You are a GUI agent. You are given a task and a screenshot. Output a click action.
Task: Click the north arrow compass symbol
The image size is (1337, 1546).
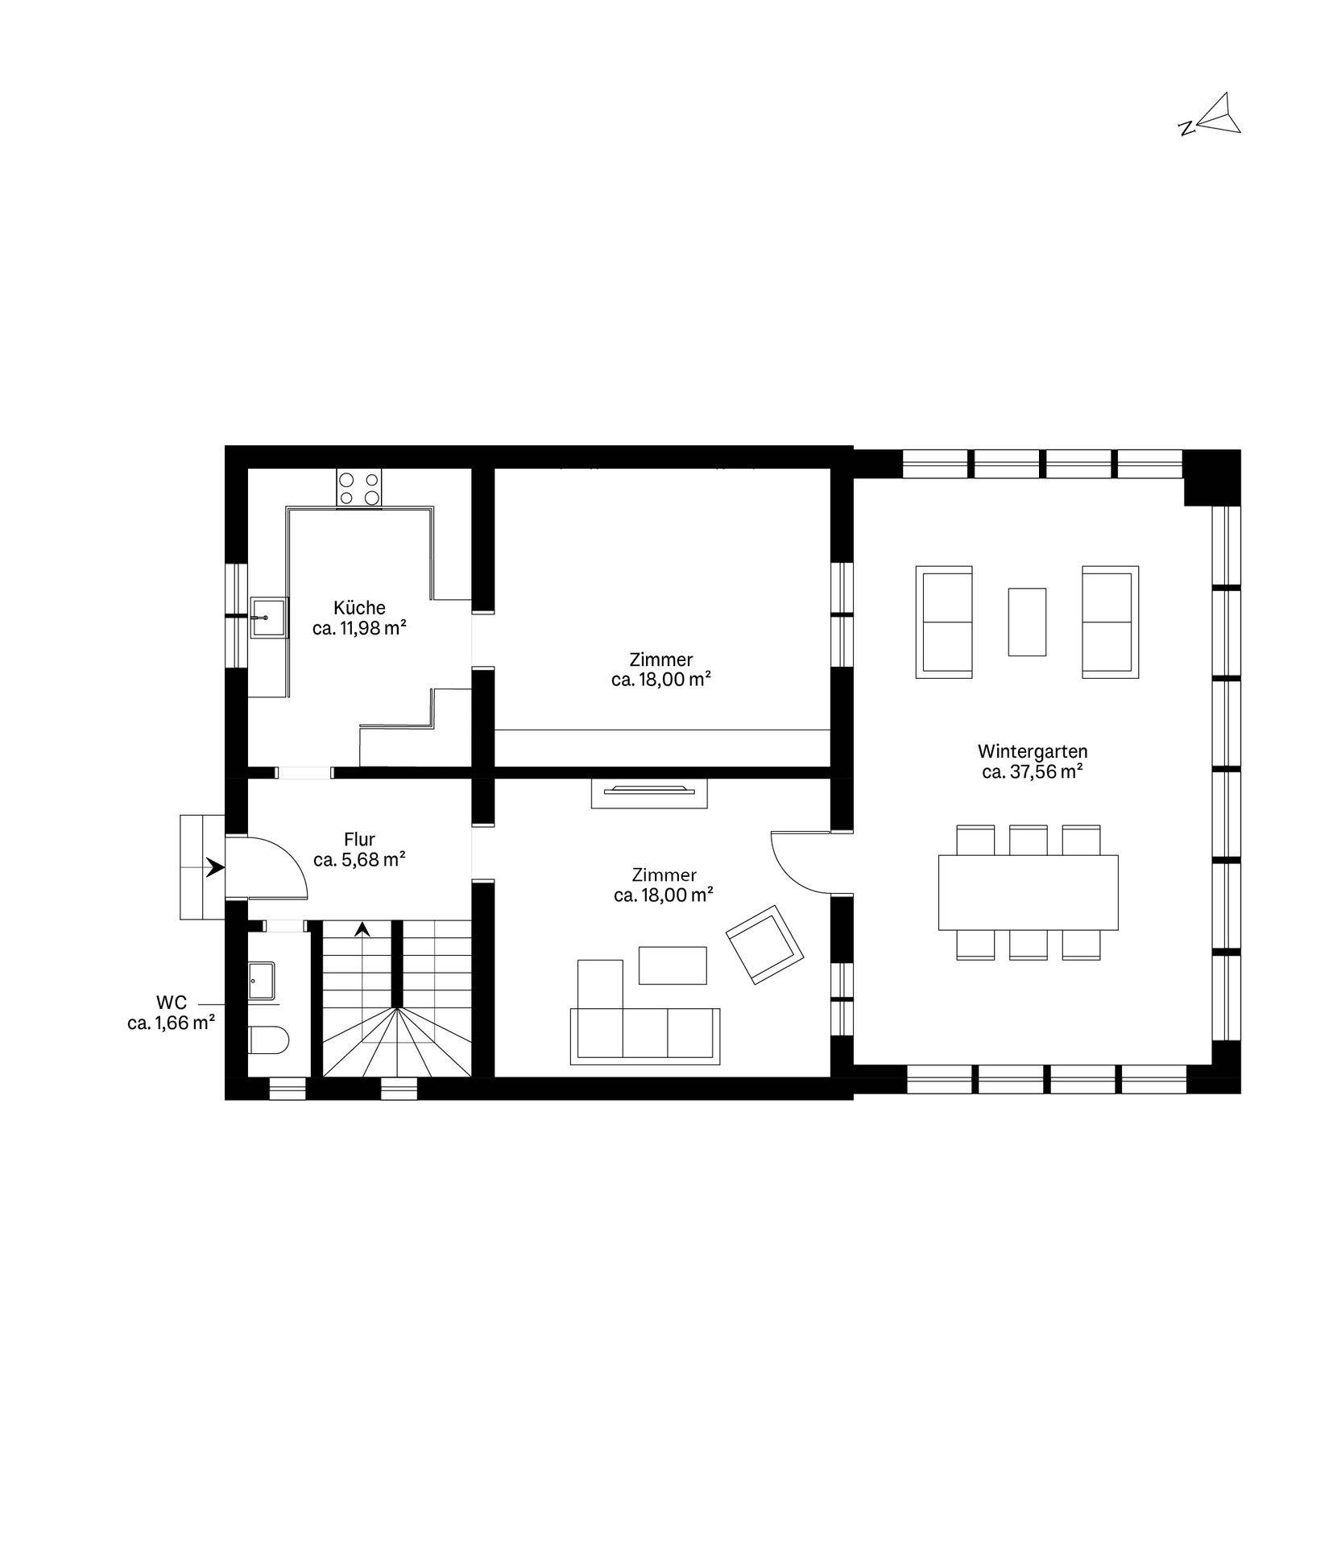pos(1213,114)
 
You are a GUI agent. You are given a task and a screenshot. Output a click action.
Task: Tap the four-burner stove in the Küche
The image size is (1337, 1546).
pos(359,488)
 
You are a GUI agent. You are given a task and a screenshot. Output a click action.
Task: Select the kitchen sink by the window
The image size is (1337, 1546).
pos(268,617)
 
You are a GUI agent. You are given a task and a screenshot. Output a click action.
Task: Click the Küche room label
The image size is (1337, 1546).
pos(359,618)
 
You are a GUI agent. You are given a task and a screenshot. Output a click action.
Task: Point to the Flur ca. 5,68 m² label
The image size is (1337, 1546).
pos(359,849)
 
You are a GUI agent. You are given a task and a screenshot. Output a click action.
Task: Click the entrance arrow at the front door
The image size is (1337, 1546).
pos(215,867)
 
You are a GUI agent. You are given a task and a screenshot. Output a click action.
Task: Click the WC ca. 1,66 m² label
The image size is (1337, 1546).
pos(171,1013)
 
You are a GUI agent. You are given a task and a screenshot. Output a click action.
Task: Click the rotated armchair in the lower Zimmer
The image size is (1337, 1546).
pos(765,945)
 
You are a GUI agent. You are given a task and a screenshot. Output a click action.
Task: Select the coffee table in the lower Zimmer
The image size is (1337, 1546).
pos(673,965)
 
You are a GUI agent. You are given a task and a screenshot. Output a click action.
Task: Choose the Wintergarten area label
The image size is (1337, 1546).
pos(1033,761)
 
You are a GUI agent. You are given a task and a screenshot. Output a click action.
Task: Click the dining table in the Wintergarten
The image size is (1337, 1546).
pos(1029,892)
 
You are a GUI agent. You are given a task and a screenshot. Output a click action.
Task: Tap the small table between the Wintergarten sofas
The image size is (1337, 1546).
pos(1027,622)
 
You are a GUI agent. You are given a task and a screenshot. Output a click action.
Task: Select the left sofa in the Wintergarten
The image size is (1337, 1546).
pos(945,621)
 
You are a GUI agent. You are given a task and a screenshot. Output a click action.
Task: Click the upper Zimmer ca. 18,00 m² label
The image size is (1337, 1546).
pos(661,669)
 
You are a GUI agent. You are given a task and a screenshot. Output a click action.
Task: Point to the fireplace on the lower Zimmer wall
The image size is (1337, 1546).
pos(649,793)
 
